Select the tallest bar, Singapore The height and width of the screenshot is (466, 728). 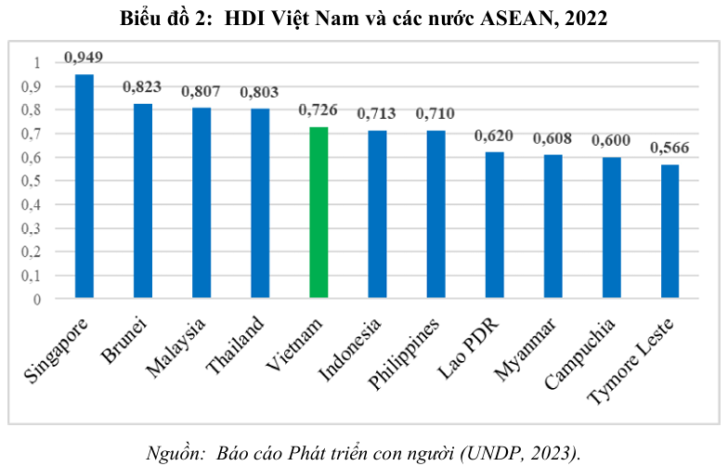84,186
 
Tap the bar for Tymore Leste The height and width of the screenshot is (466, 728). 669,231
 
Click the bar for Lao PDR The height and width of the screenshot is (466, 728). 494,225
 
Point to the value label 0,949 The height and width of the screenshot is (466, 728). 84,58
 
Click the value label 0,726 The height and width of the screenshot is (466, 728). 318,110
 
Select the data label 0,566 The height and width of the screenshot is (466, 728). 669,149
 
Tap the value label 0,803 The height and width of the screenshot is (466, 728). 260,93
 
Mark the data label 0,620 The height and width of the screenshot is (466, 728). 494,136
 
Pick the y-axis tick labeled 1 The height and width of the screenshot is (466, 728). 37,63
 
